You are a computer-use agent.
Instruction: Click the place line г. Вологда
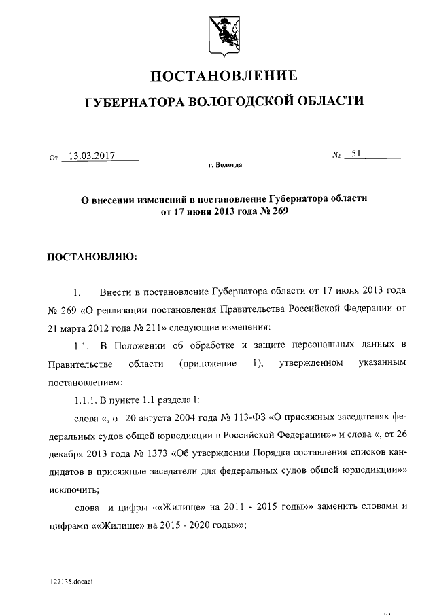click(224, 164)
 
